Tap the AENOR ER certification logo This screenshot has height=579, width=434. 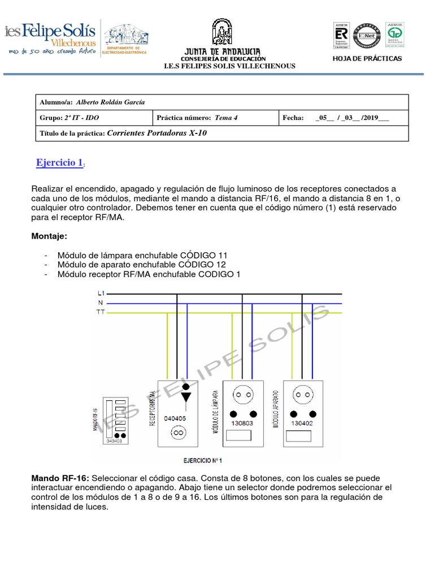342,35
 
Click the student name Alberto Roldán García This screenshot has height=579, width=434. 110,102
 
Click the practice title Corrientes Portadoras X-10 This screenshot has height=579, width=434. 161,133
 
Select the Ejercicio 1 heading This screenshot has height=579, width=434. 59,163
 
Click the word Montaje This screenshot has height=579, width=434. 52,235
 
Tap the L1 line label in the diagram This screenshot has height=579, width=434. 101,293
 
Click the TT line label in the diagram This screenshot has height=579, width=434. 101,311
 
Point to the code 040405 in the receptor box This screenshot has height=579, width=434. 176,418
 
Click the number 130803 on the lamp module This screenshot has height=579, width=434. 242,422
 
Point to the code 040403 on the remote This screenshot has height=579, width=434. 114,441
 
